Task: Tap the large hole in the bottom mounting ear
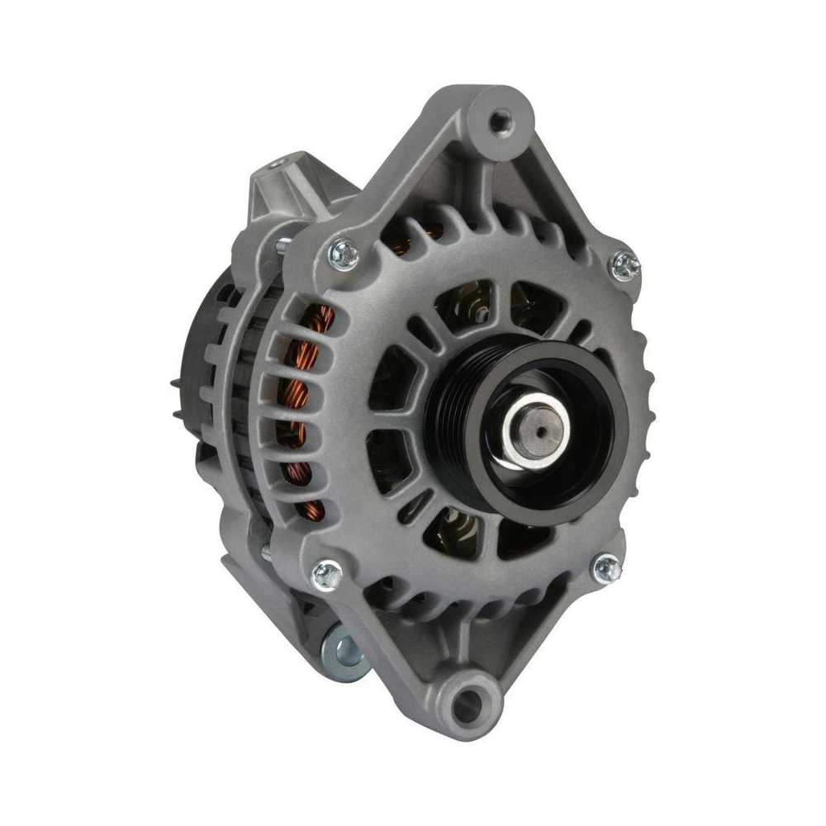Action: [468, 704]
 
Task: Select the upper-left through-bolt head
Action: [343, 254]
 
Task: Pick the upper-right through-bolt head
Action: [624, 266]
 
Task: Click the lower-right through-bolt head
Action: [607, 567]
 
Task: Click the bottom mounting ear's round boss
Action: [468, 704]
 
